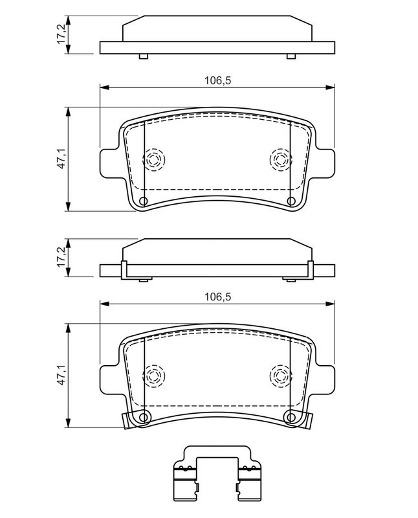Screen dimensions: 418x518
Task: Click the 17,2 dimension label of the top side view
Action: pos(61,34)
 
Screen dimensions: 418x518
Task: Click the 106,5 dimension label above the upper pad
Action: pos(217,80)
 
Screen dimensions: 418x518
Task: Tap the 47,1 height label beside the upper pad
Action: pos(61,159)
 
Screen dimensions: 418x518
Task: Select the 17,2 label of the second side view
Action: pos(61,257)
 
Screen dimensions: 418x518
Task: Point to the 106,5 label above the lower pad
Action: pos(217,297)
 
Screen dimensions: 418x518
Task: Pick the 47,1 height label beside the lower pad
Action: pos(61,376)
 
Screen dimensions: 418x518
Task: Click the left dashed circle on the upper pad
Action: pos(153,160)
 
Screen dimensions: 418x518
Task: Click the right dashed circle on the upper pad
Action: pos(281,160)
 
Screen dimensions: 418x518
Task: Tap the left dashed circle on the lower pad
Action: pos(153,376)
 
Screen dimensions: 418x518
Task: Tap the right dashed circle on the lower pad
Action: pos(281,376)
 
